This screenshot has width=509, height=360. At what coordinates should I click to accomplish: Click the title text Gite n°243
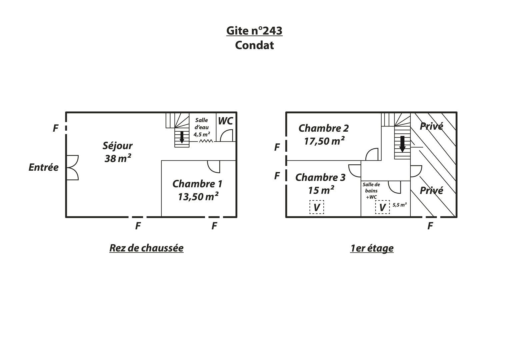tap(254, 31)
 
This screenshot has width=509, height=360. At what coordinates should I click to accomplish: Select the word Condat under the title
tap(254, 45)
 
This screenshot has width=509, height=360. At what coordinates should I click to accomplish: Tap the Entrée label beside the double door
tap(44, 167)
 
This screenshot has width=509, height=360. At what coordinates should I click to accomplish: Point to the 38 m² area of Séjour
tap(118, 158)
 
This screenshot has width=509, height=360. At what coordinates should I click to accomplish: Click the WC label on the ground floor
tap(225, 121)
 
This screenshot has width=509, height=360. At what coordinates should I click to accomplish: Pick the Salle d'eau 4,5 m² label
tap(202, 127)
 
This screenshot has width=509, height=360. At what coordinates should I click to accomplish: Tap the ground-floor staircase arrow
tap(182, 137)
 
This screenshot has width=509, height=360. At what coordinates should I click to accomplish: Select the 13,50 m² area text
tap(198, 197)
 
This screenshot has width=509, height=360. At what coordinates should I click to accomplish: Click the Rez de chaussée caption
tap(146, 248)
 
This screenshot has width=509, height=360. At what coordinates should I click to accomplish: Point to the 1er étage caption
tap(372, 248)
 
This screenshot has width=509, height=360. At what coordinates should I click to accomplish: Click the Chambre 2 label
tap(324, 128)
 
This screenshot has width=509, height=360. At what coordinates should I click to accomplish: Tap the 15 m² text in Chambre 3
tap(321, 190)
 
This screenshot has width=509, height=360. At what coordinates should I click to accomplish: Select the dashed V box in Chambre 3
tap(317, 207)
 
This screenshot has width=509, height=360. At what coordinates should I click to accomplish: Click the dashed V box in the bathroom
tap(382, 207)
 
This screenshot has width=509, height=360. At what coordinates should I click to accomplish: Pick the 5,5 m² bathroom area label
tap(399, 205)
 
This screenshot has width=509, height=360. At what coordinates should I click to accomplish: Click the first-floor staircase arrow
tap(402, 144)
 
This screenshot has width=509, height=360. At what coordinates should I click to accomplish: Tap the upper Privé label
tap(431, 126)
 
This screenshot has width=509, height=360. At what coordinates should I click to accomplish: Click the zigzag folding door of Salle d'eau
tap(206, 141)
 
